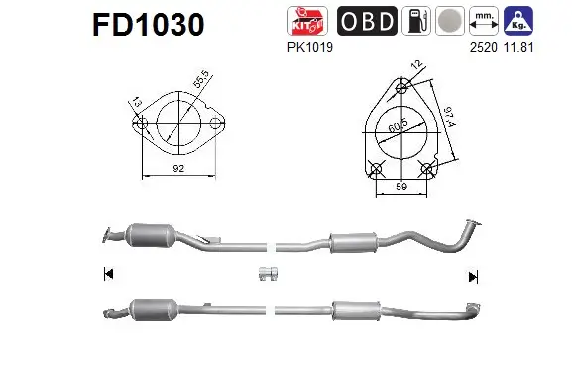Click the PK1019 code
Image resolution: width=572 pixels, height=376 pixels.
(302, 46)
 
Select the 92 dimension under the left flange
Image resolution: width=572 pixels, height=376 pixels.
(178, 170)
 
